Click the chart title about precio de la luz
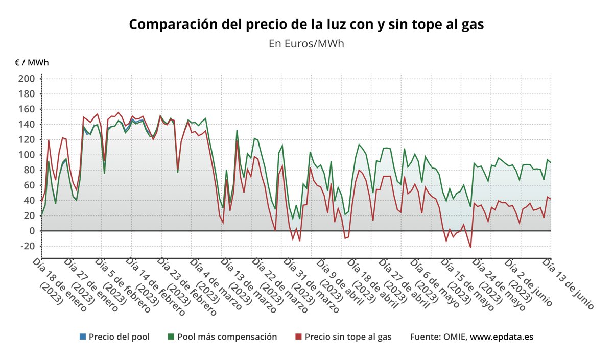click(306, 24)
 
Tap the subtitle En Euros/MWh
click(306, 44)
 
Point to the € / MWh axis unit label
click(32, 63)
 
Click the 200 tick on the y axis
click(26, 79)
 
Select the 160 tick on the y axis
click(26, 109)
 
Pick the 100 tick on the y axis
click(26, 155)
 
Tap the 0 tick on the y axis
click(31, 231)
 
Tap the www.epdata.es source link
click(502, 337)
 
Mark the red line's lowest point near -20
click(470, 248)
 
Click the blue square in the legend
click(83, 337)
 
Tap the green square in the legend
click(171, 337)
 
